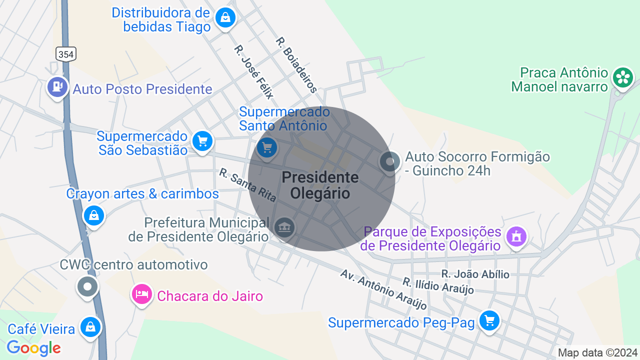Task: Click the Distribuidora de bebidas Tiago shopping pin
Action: (x=225, y=18)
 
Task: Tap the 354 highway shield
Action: (x=66, y=54)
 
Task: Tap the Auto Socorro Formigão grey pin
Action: (x=389, y=161)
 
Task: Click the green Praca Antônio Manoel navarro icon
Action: (x=623, y=77)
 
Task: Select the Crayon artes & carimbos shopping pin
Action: (x=94, y=215)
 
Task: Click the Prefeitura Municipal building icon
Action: (x=284, y=227)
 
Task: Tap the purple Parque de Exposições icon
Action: (x=516, y=236)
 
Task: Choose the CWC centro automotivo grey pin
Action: (x=88, y=287)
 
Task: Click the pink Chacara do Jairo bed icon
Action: (x=141, y=294)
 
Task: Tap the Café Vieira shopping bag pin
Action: (x=90, y=327)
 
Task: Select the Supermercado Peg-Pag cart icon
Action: (x=489, y=320)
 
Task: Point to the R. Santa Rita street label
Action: (x=247, y=185)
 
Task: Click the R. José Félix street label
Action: (x=254, y=72)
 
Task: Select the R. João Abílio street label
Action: (x=475, y=274)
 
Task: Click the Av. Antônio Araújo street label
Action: (x=383, y=289)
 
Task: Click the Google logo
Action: (x=34, y=347)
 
